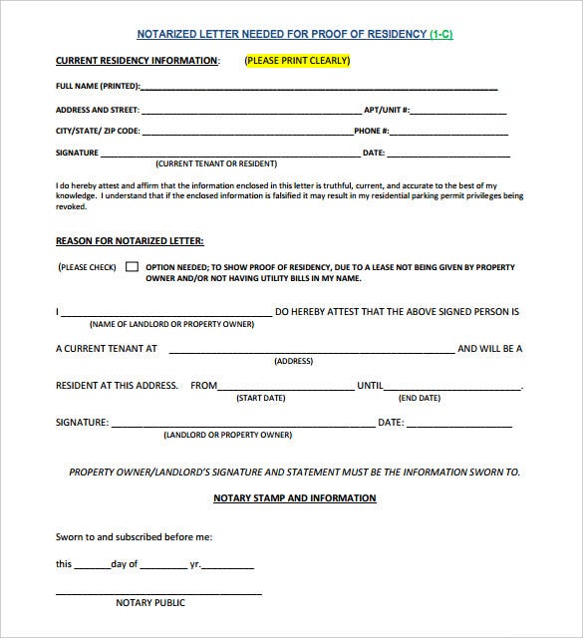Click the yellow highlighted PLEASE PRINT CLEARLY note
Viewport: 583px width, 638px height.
pos(297,61)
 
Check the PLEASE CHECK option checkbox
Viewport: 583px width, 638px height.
pos(132,267)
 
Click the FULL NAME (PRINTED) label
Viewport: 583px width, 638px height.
pos(98,87)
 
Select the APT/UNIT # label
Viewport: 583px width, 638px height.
pos(387,110)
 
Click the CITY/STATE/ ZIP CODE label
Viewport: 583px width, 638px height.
pos(98,132)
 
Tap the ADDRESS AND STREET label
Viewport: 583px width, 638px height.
pos(98,110)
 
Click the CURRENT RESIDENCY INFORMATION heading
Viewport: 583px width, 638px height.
pos(137,61)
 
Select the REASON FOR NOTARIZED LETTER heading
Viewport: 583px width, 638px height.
pos(130,241)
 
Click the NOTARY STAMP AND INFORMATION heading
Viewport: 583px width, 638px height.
pos(295,497)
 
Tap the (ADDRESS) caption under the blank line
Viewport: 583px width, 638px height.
pos(293,361)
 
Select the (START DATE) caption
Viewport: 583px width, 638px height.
pos(260,398)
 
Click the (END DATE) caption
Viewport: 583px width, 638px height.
pos(420,398)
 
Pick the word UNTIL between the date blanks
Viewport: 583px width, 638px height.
pos(370,386)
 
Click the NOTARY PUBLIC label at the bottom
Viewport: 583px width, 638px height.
pos(150,603)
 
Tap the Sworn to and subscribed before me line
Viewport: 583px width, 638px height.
pos(134,537)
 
